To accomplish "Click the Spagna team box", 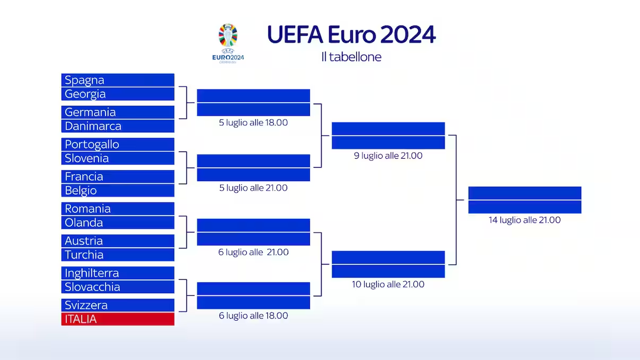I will pos(118,80).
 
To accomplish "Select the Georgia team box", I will pos(118,94).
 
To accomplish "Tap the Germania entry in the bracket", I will pos(118,112).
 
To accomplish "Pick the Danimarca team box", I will pos(118,126).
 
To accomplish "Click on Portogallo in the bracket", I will pos(118,144).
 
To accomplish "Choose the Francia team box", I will pos(118,176).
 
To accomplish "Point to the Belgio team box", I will pos(118,190).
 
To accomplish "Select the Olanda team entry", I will pos(118,222).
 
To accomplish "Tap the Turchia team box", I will pos(118,255).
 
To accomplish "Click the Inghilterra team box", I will pos(118,273).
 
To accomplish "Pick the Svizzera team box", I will pos(118,305).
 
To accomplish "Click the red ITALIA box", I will pos(118,319).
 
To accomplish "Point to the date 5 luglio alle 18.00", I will pos(253,123).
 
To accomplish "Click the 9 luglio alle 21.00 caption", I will pos(388,156).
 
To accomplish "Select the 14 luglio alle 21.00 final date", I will pos(524,220).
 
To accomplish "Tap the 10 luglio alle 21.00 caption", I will pos(388,285).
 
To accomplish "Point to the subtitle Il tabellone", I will pos(351,57).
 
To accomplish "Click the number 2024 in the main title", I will pos(408,35).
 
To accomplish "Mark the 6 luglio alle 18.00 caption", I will pos(253,316).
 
